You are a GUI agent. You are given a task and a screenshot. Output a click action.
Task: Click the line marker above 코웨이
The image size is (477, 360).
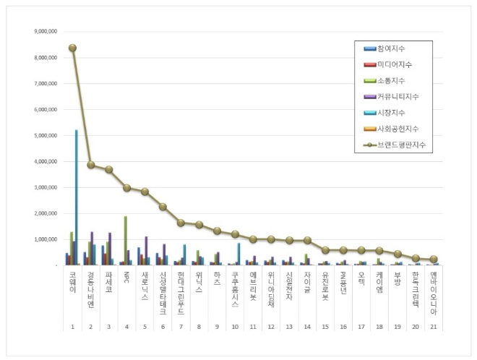(72, 48)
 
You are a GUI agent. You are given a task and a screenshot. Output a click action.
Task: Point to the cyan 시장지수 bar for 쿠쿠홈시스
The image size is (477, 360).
(239, 254)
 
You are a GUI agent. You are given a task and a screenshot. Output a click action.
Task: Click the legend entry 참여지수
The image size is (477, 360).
(391, 48)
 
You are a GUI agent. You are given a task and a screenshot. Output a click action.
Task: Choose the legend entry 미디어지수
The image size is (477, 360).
(393, 64)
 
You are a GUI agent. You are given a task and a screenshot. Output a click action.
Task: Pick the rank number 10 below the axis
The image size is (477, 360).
(235, 327)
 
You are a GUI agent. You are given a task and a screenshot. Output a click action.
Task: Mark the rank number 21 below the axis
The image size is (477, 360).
(434, 327)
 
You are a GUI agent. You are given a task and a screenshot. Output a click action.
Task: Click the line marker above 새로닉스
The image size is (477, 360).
(145, 192)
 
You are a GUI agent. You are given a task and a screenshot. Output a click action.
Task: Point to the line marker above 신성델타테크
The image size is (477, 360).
(163, 207)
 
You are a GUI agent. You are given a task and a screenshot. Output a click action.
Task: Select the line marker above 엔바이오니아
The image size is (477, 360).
(434, 259)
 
